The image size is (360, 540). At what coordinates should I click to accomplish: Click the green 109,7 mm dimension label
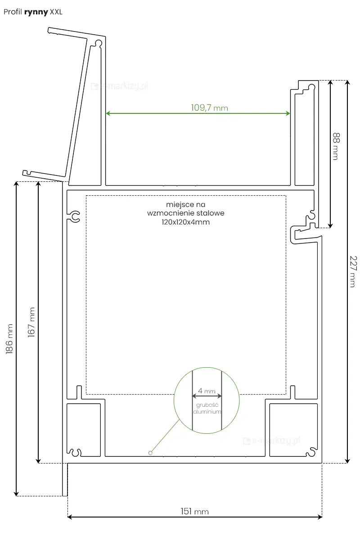pyautogui.click(x=210, y=108)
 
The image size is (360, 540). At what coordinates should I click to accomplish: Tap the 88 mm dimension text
pyautogui.click(x=336, y=146)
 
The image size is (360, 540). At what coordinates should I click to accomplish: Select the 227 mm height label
pyautogui.click(x=353, y=271)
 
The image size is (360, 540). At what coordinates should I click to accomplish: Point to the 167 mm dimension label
pyautogui.click(x=31, y=322)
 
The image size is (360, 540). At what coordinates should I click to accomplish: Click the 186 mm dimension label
pyautogui.click(x=9, y=339)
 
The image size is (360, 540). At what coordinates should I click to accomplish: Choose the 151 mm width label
pyautogui.click(x=195, y=511)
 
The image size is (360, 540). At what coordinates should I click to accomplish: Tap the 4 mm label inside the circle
pyautogui.click(x=207, y=391)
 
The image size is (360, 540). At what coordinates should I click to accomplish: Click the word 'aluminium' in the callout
pyautogui.click(x=207, y=411)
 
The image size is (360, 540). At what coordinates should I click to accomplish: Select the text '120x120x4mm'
pyautogui.click(x=186, y=222)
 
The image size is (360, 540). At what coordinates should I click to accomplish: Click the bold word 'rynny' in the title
pyautogui.click(x=36, y=12)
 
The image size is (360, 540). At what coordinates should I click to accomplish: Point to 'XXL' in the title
pyautogui.click(x=56, y=12)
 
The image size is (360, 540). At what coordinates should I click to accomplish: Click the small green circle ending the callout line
pyautogui.click(x=150, y=453)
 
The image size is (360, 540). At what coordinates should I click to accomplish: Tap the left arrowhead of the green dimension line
pyautogui.click(x=108, y=113)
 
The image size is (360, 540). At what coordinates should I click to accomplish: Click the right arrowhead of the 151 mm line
pyautogui.click(x=320, y=517)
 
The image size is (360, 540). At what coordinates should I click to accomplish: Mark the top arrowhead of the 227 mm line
pyautogui.click(x=347, y=82)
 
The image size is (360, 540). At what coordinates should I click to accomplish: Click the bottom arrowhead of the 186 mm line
pyautogui.click(x=16, y=494)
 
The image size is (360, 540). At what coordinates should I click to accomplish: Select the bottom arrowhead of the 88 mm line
pyautogui.click(x=330, y=225)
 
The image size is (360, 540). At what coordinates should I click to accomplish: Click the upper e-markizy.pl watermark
pyautogui.click(x=119, y=86)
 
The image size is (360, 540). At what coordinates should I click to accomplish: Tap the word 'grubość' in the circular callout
pyautogui.click(x=207, y=405)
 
